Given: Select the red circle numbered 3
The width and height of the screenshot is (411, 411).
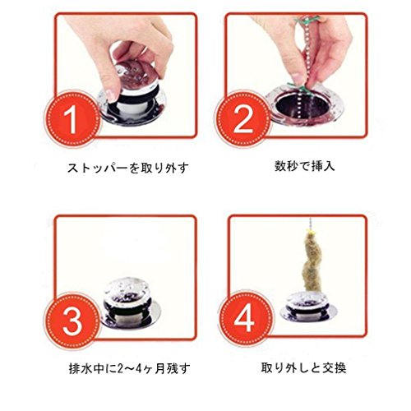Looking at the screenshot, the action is [x=72, y=320].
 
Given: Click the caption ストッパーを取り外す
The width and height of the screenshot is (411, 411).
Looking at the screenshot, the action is [x=128, y=168].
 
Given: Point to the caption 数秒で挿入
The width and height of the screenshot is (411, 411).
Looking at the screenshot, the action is [x=305, y=166].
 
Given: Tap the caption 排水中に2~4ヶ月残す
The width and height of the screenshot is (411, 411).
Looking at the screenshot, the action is [x=129, y=369].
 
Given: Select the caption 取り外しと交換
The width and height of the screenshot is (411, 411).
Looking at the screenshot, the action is [x=303, y=368].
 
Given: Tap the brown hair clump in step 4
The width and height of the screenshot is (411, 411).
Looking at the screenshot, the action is [x=311, y=261].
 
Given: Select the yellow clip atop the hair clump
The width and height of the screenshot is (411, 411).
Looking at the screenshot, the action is [x=311, y=233].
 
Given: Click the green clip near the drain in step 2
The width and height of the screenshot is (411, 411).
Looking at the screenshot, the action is [x=298, y=86].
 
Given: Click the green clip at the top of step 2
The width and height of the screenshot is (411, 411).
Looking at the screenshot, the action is [x=307, y=20].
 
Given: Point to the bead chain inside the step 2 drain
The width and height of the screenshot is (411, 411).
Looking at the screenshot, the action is [x=301, y=109].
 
